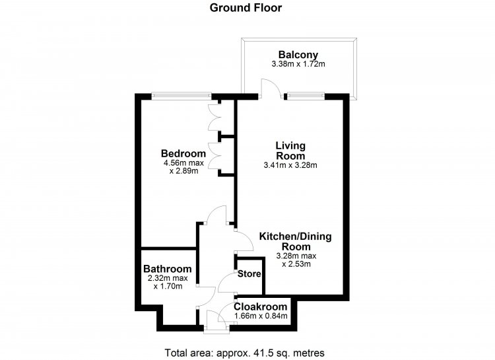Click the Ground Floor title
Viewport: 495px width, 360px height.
tap(246, 7)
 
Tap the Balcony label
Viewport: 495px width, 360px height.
tap(298, 55)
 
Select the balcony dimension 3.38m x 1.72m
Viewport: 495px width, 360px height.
tap(298, 64)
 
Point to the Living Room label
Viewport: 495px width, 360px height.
tap(290, 151)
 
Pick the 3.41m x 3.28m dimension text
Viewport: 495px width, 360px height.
tap(290, 164)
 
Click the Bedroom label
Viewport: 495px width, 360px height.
tap(183, 154)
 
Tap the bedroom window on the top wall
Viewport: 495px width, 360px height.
tap(181, 94)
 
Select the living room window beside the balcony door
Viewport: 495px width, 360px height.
tap(306, 94)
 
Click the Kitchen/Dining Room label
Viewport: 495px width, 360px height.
tap(296, 241)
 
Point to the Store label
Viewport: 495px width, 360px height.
tap(249, 273)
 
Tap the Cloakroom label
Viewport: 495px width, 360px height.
tap(261, 306)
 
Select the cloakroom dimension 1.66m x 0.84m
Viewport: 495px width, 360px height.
tap(261, 316)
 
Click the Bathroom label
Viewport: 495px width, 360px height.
tap(168, 269)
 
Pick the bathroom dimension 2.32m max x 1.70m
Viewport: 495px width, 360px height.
tap(168, 282)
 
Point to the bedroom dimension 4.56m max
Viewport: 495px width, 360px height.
tap(183, 163)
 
